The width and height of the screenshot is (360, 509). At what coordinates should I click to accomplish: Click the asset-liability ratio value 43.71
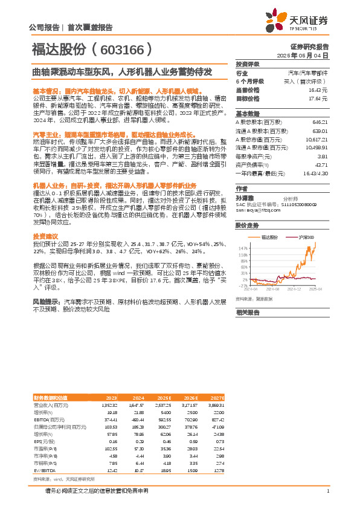point(322,164)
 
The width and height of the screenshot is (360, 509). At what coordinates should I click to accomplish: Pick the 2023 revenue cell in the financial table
point(110,405)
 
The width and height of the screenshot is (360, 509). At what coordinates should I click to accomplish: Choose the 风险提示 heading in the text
point(47,300)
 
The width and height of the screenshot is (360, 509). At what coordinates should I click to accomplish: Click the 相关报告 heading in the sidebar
point(247,313)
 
